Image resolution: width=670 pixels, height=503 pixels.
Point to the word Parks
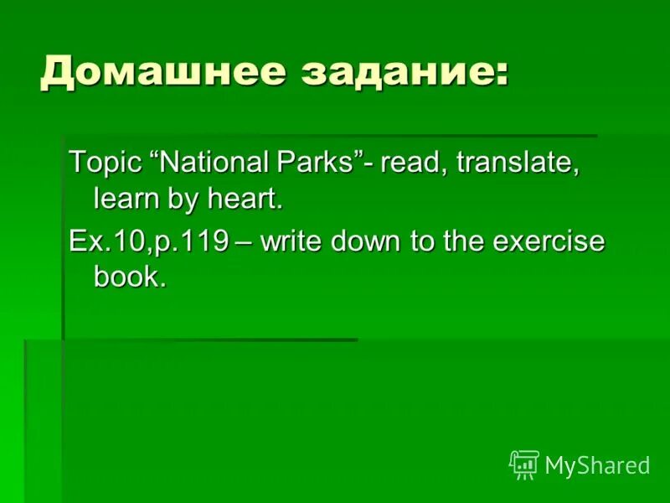322,162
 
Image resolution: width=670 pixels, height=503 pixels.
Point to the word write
292,241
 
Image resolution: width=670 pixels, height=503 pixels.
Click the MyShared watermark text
597,465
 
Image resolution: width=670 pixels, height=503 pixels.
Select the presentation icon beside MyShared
523,464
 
